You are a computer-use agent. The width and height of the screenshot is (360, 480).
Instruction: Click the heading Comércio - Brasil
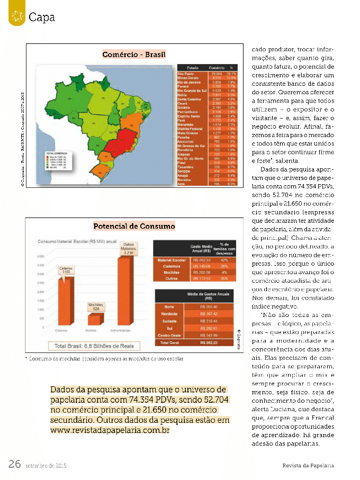(x=134, y=55)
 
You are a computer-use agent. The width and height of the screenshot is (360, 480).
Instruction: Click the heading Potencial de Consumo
(x=134, y=226)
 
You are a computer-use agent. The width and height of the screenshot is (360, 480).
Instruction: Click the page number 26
(x=14, y=464)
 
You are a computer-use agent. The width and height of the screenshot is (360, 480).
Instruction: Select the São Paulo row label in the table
(x=187, y=74)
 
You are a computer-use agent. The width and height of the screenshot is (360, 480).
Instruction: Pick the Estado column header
(x=192, y=68)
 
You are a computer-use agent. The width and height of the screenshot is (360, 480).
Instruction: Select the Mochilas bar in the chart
(x=96, y=320)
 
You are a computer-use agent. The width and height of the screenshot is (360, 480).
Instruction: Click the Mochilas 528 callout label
(x=96, y=307)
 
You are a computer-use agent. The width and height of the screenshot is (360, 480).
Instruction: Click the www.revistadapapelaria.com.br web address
(x=110, y=430)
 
